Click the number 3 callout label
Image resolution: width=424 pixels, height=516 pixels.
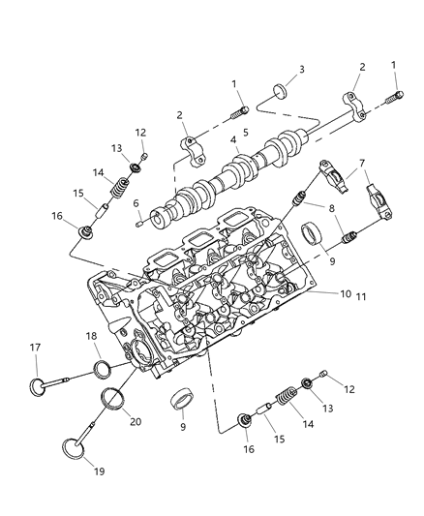(301, 70)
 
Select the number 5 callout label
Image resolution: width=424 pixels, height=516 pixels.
(245, 131)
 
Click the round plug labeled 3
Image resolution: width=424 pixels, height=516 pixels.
(278, 92)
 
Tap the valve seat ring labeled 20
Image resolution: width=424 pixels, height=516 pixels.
(113, 398)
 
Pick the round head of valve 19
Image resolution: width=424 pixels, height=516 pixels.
(73, 450)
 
